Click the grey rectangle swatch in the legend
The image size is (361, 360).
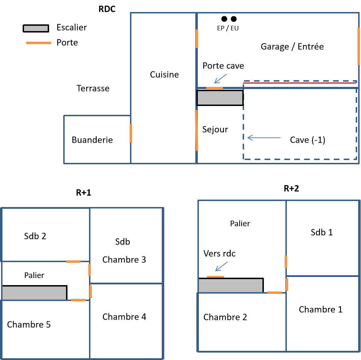pos(36,28)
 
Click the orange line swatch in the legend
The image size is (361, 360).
pos(39,43)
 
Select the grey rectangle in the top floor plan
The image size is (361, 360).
pos(220,98)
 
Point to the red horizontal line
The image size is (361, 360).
pos(299,83)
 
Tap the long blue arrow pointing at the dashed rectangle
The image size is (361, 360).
pos(264,137)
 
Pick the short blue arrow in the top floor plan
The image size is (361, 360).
pos(220,79)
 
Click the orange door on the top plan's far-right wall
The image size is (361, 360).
pos(359,46)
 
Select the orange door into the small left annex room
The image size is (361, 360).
pos(131,133)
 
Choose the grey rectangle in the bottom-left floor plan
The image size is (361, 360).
pos(34,293)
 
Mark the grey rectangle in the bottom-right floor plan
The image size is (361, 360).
pos(230,285)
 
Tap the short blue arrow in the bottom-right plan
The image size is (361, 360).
pos(221,266)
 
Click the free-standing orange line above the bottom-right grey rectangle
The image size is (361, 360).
pos(215,277)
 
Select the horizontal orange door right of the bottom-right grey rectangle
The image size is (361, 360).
pos(274,293)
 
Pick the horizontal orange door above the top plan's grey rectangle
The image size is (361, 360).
pos(214,88)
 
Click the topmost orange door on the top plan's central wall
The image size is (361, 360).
pos(197,39)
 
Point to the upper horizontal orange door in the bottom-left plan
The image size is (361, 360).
pos(73,261)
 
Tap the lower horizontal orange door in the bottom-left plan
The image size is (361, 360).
pos(78,300)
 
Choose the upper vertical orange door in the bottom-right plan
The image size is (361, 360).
pos(286,262)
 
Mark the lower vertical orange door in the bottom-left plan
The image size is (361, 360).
pos(90,292)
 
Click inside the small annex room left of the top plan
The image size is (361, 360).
pos(97,139)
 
